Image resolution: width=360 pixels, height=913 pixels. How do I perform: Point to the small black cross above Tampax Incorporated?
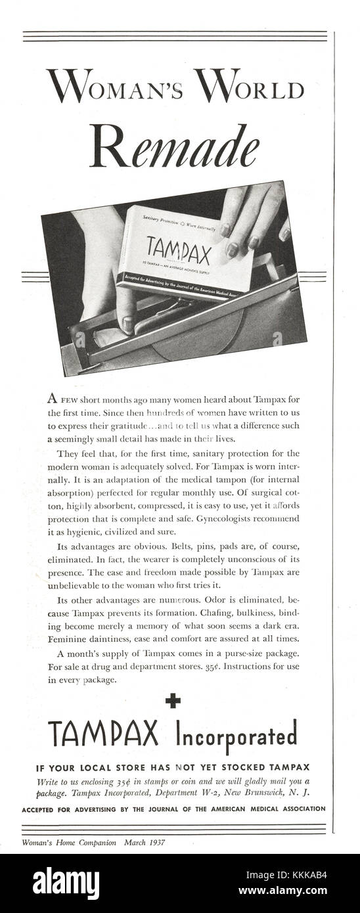pyautogui.click(x=173, y=702)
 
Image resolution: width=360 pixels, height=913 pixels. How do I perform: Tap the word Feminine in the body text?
pyautogui.click(x=48, y=640)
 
